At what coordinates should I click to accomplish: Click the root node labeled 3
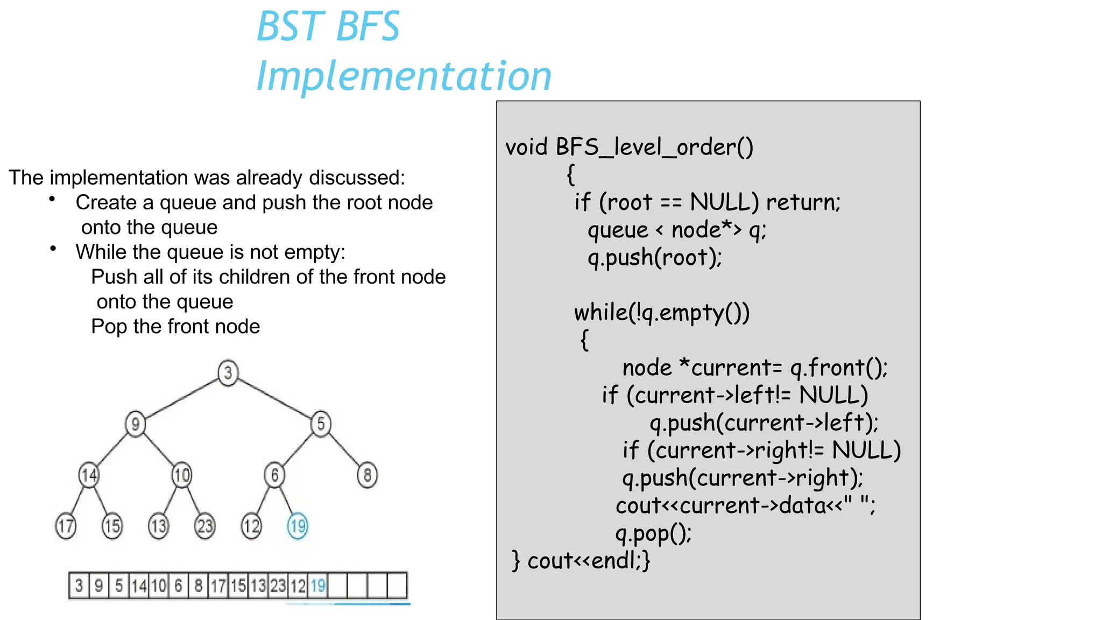pos(228,372)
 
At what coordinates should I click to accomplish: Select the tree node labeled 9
pos(136,424)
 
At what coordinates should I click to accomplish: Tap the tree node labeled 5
pos(321,424)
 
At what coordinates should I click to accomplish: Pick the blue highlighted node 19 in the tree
pos(298,526)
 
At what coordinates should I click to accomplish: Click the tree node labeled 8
pos(367,475)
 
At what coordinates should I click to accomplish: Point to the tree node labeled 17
pos(66,526)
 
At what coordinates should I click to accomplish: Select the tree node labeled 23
pos(204,526)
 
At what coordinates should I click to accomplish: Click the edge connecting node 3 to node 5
pos(274,398)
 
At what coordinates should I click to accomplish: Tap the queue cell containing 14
pos(139,586)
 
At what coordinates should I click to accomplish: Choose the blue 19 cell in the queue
pos(318,586)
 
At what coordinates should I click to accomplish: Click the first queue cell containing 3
pos(79,586)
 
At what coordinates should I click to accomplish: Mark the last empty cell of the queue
pos(397,586)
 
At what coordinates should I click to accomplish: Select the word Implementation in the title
pos(404,75)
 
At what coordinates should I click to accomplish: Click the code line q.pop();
pos(653,533)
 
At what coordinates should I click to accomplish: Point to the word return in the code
pos(802,202)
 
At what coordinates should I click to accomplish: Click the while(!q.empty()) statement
pos(661,313)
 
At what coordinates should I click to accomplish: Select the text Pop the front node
pos(175,327)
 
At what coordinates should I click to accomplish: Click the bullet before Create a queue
pos(52,200)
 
